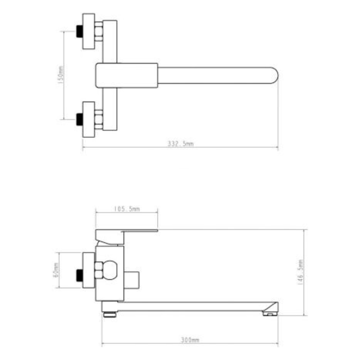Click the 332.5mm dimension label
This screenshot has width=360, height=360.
click(180, 143)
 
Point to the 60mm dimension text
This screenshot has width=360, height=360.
click(55, 270)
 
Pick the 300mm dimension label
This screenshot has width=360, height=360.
click(190, 340)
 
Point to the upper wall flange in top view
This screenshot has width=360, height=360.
click(89, 31)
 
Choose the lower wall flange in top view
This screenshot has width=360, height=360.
click(89, 119)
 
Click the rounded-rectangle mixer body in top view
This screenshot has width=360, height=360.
click(127, 75)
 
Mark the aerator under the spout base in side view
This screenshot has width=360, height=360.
click(109, 314)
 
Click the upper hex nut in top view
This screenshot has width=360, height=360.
click(99, 31)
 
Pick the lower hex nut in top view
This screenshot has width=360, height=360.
click(99, 119)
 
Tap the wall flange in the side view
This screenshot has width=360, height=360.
click(89, 270)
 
